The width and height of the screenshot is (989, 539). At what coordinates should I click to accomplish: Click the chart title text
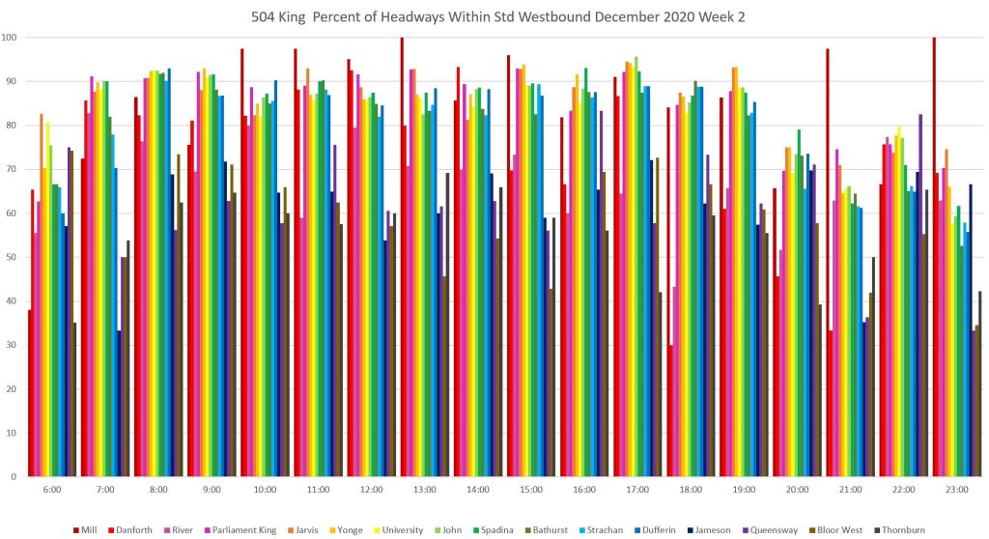click(494, 16)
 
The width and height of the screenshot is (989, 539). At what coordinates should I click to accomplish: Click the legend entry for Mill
click(90, 529)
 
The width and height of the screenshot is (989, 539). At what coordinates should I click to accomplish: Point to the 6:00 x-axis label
click(52, 490)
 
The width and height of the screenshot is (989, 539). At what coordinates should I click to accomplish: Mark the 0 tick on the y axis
click(14, 476)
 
